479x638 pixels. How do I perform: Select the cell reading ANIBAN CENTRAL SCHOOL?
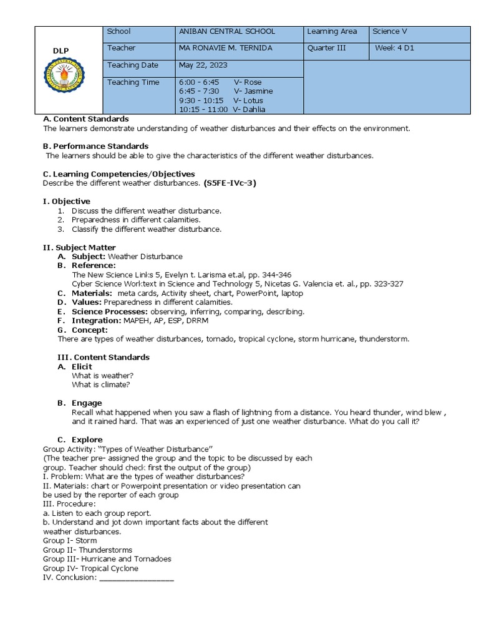[226, 31]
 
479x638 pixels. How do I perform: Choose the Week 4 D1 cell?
[394, 48]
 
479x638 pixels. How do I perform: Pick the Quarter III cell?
[327, 48]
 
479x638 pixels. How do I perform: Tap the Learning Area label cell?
[332, 31]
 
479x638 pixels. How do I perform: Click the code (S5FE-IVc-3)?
[230, 183]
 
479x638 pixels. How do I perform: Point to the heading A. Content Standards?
[85, 119]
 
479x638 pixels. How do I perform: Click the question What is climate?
[101, 384]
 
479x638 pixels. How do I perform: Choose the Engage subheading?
[87, 403]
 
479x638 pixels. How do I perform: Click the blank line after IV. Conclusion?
[136, 578]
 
